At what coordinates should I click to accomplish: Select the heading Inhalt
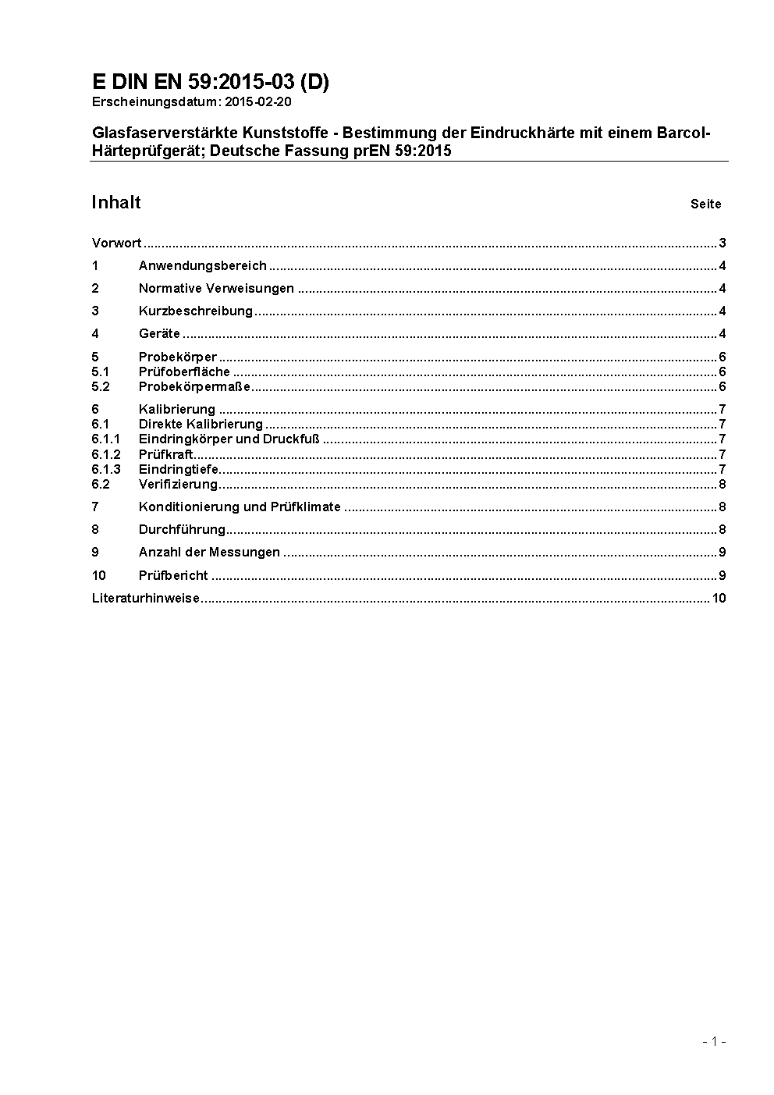pyautogui.click(x=115, y=203)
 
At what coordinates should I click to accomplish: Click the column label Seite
pyautogui.click(x=705, y=204)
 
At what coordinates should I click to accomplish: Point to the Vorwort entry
pyautogui.click(x=116, y=243)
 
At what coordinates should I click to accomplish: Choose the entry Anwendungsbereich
pyautogui.click(x=202, y=265)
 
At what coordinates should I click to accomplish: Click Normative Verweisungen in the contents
pyautogui.click(x=216, y=288)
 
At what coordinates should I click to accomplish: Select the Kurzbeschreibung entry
pyautogui.click(x=195, y=311)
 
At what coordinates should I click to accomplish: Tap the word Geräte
pyautogui.click(x=159, y=333)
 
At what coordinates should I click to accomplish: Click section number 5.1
pyautogui.click(x=100, y=372)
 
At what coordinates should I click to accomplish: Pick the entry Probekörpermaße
pyautogui.click(x=194, y=386)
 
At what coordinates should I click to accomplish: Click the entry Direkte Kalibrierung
pyautogui.click(x=201, y=424)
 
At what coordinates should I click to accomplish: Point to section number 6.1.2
pyautogui.click(x=105, y=454)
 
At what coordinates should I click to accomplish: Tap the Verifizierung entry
pyautogui.click(x=178, y=484)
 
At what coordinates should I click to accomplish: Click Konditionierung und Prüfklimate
pyautogui.click(x=240, y=507)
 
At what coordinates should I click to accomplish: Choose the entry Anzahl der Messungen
pyautogui.click(x=209, y=552)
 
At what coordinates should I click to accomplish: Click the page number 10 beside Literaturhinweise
pyautogui.click(x=719, y=599)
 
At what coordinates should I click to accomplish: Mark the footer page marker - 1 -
pyautogui.click(x=714, y=1041)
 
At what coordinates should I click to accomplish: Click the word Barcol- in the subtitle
pyautogui.click(x=687, y=133)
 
